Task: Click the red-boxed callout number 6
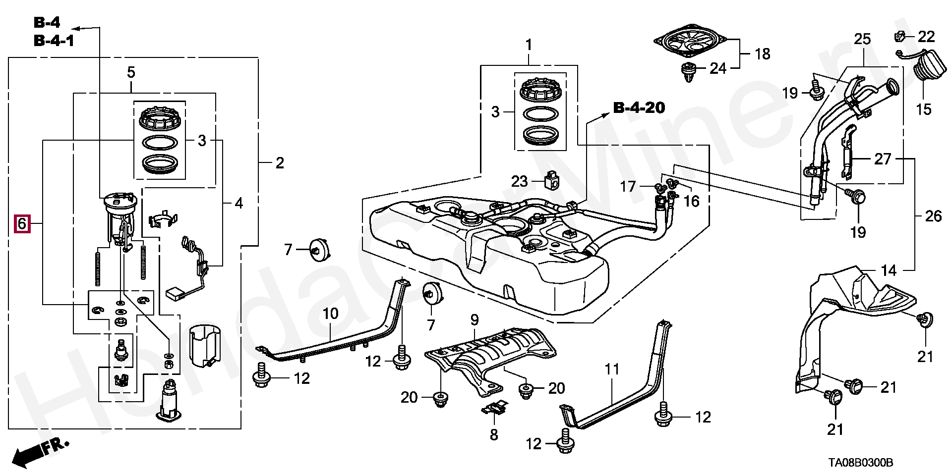point(22,224)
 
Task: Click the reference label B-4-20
point(639,107)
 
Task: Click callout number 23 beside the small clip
point(520,182)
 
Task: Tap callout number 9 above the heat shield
point(475,319)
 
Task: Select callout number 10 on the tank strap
point(331,313)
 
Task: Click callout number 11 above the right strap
point(612,369)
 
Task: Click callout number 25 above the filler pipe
point(862,39)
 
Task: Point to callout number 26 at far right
point(934,216)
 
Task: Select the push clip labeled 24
point(688,72)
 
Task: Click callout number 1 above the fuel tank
point(529,45)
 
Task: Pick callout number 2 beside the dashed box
point(280,162)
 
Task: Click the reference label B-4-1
point(54,40)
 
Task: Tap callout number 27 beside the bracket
point(883,159)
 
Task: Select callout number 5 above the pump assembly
point(131,73)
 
